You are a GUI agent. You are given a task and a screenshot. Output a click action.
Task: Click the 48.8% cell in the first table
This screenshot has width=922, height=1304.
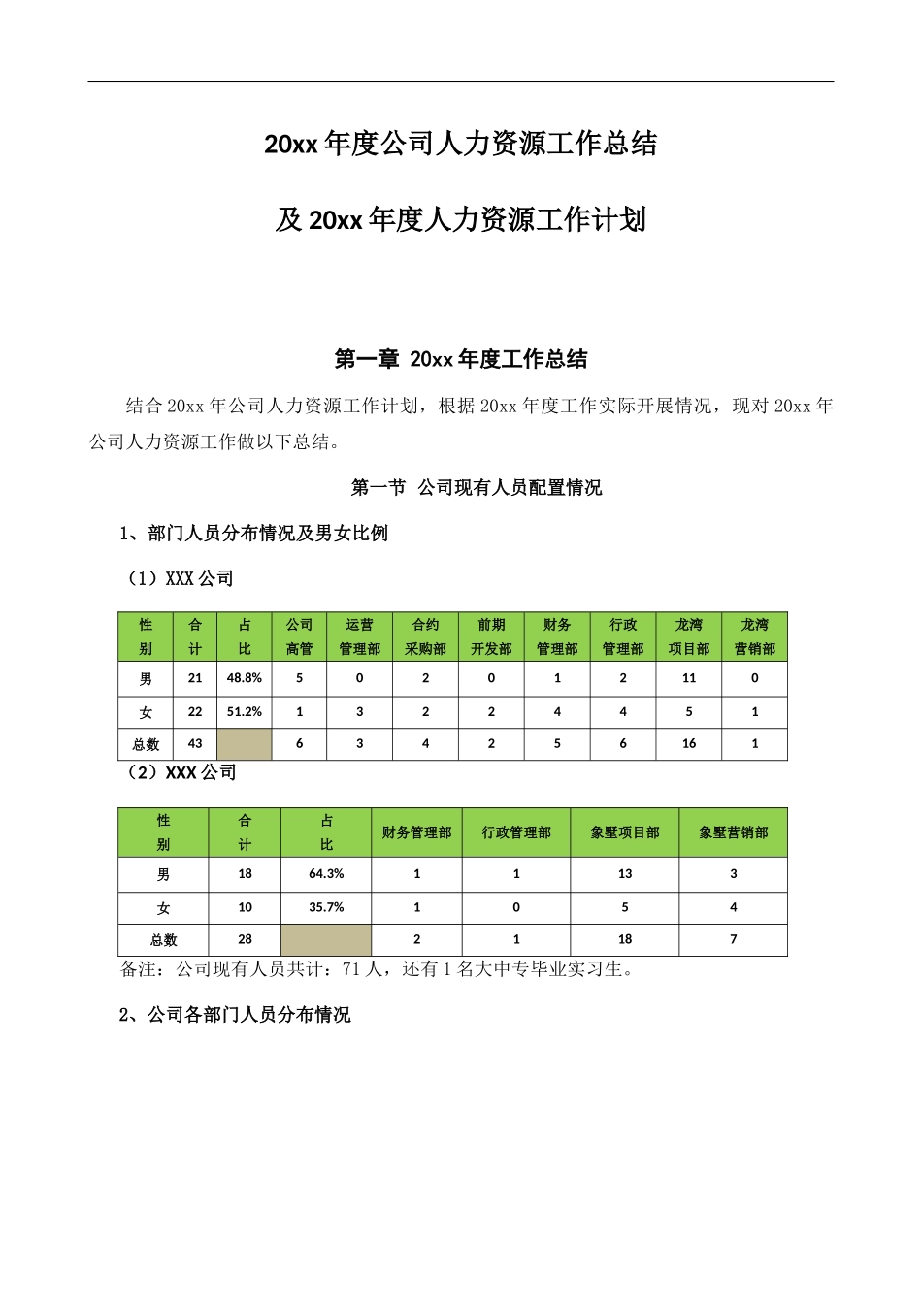pyautogui.click(x=245, y=678)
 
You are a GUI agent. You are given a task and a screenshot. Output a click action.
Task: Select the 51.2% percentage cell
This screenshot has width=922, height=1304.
pyautogui.click(x=245, y=711)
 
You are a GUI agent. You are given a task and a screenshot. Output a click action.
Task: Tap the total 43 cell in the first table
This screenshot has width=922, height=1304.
pyautogui.click(x=195, y=744)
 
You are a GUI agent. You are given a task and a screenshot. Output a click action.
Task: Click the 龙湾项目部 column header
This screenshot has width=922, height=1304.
pyautogui.click(x=689, y=636)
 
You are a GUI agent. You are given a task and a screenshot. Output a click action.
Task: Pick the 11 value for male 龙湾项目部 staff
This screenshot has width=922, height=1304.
pyautogui.click(x=689, y=678)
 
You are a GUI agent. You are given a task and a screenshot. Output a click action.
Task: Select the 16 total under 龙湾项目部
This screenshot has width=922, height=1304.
pyautogui.click(x=689, y=744)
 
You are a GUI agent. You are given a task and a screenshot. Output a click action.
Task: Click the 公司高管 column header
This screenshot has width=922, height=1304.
pyautogui.click(x=299, y=636)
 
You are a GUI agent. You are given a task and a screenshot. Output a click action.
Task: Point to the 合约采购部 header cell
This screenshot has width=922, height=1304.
pyautogui.click(x=425, y=636)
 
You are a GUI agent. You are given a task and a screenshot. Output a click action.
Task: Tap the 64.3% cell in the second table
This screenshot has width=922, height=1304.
pyautogui.click(x=326, y=874)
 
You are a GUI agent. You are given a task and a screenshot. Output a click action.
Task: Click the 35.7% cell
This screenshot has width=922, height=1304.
pyautogui.click(x=326, y=907)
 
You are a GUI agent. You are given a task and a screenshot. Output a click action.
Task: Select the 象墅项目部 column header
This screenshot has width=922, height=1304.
pyautogui.click(x=625, y=832)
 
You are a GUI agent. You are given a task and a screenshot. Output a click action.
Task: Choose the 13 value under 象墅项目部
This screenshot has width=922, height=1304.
pyautogui.click(x=625, y=874)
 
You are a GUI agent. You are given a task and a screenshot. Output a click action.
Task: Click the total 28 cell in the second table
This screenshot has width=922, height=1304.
pyautogui.click(x=245, y=939)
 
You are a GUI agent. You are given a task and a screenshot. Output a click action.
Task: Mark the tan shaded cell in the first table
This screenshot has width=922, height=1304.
pyautogui.click(x=245, y=744)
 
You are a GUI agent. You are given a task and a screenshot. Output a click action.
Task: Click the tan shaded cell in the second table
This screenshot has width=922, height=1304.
pyautogui.click(x=326, y=939)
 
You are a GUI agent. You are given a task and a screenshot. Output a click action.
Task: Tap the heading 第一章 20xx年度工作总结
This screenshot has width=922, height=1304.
pyautogui.click(x=461, y=359)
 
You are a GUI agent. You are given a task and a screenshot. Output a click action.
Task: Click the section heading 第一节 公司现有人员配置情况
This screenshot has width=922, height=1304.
pyautogui.click(x=476, y=488)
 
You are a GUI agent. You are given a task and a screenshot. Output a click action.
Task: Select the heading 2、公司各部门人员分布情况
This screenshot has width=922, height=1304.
pyautogui.click(x=235, y=1015)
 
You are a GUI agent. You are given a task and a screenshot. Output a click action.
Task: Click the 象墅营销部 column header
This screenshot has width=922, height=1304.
pyautogui.click(x=734, y=832)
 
